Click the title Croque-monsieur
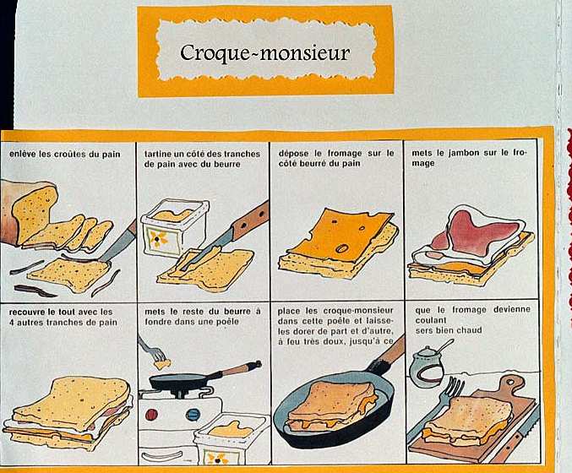[x=264, y=52]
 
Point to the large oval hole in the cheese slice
[x=343, y=248]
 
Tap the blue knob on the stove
[x=193, y=414]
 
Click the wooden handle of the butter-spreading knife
[x=251, y=220]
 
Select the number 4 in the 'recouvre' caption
[x=12, y=323]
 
